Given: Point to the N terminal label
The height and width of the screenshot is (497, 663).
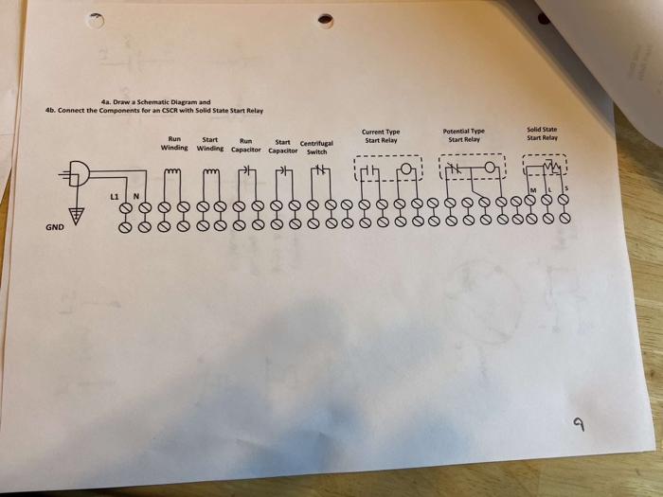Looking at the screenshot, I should coord(135,195).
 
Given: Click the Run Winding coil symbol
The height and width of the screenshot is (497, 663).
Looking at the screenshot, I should coord(172,171).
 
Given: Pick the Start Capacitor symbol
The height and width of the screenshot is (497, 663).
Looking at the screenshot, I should coord(283,171).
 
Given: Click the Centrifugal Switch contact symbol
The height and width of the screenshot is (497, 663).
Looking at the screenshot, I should coord(320,171).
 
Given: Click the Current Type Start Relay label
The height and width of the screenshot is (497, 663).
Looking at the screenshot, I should coord(382,136).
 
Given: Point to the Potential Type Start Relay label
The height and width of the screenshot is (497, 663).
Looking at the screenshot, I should coord(464,135).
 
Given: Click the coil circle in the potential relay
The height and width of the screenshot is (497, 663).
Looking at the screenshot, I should coord(489,169).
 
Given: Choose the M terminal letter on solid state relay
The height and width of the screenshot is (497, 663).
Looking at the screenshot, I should coord(531,189).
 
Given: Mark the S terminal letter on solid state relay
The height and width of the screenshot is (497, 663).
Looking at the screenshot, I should coord(565,189).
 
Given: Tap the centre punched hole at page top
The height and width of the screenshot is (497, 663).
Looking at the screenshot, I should coord(326,19).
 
